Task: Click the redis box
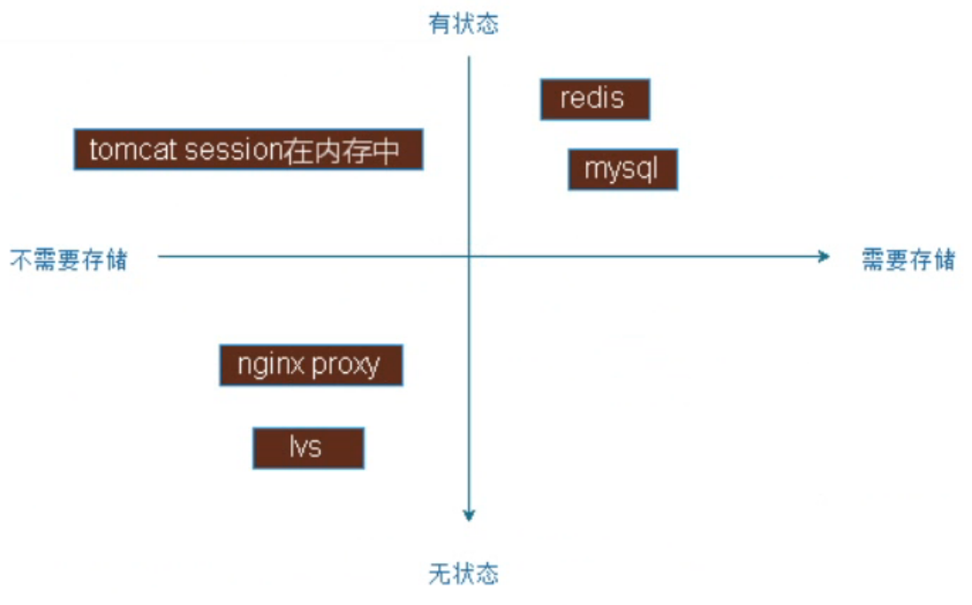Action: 594,99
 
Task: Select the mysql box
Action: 622,169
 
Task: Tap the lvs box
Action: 307,447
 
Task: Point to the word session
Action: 233,150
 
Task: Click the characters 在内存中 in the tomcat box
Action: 341,150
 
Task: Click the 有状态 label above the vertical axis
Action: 464,24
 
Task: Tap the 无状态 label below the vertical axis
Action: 464,574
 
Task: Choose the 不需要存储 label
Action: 68,259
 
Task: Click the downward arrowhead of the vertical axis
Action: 469,514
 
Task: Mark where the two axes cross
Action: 469,257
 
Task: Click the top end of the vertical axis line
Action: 469,59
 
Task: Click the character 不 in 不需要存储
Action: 21,259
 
